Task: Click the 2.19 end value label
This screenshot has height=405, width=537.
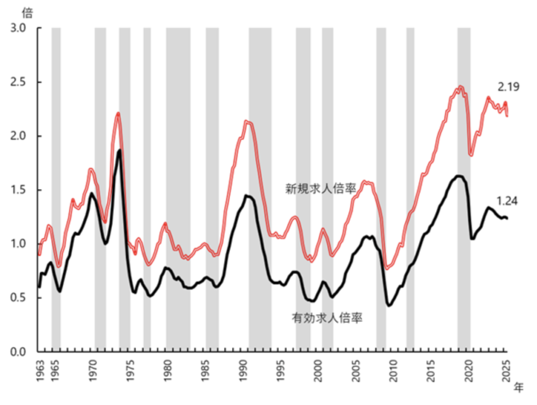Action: [509, 87]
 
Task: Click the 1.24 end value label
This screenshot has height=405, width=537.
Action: [507, 200]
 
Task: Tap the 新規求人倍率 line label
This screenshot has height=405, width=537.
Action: [321, 189]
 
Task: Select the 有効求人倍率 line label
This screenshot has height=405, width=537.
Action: [327, 317]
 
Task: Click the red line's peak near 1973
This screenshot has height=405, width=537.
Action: [118, 113]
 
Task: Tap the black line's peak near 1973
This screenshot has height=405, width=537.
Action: [120, 151]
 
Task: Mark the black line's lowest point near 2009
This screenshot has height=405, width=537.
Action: [389, 305]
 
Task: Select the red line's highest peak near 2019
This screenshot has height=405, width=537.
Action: [460, 87]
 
